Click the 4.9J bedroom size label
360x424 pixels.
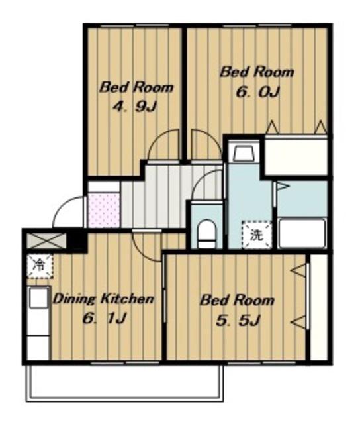(x=134, y=107)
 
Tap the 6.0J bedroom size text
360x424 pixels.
(x=257, y=92)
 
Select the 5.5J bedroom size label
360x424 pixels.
(x=238, y=321)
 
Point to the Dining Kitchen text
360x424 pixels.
(x=103, y=299)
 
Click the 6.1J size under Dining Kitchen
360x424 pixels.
(x=105, y=318)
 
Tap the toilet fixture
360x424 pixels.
(x=206, y=234)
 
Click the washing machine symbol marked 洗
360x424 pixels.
(x=256, y=235)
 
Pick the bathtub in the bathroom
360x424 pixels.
(x=302, y=234)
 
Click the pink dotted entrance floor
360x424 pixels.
(x=104, y=210)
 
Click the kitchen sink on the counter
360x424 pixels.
(x=39, y=297)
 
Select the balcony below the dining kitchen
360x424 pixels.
(x=125, y=383)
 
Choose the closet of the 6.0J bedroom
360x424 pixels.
(x=296, y=156)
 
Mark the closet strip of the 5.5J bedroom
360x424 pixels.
(x=319, y=307)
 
